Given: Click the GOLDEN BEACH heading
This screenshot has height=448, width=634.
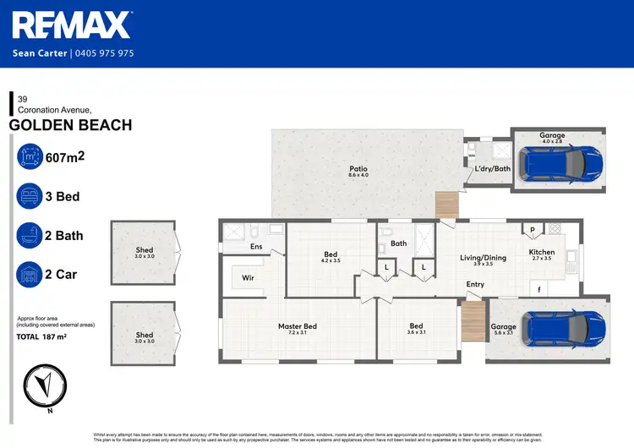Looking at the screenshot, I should click(70, 125).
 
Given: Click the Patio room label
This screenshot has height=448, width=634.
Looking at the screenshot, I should click(358, 169).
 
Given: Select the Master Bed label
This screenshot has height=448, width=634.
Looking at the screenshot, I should click(298, 326).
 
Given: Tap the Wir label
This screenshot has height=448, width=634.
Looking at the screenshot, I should click(249, 277).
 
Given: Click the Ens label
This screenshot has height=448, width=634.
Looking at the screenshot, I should click(255, 247).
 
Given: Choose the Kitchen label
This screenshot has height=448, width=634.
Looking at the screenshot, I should click(541, 252).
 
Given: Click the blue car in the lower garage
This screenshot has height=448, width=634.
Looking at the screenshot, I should click(560, 328).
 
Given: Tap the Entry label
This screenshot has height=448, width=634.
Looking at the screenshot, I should click(475, 284).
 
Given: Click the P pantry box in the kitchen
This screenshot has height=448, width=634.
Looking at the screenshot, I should click(533, 230).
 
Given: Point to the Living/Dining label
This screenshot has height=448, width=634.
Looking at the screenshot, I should click(482, 258).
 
